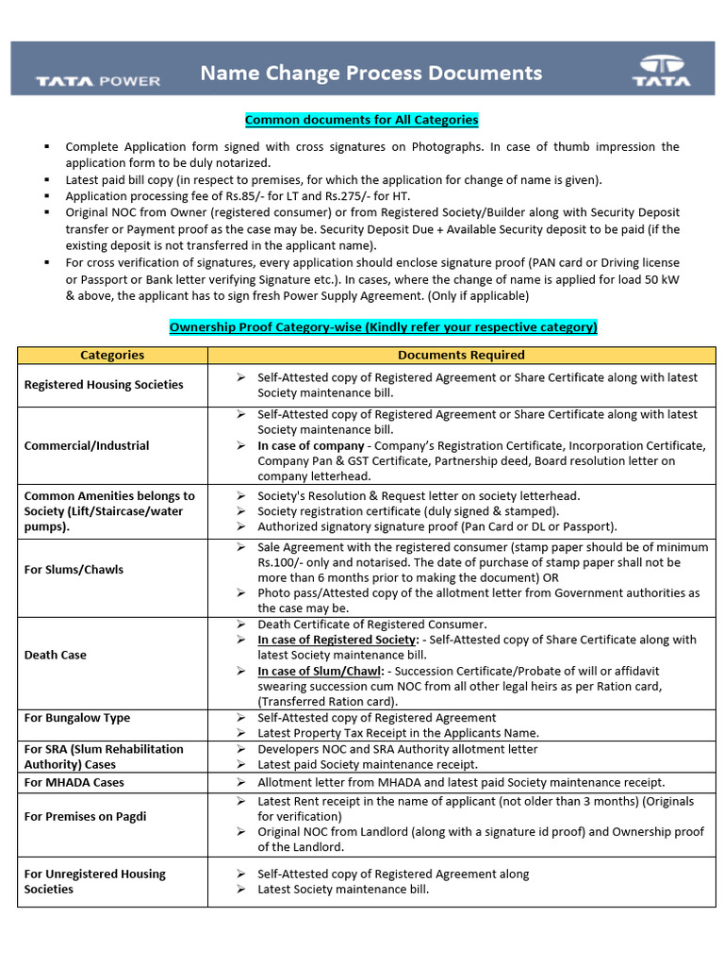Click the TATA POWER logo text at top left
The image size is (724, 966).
[x=98, y=81]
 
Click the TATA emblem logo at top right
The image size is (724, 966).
[x=661, y=71]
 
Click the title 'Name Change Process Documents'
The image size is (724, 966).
[x=370, y=73]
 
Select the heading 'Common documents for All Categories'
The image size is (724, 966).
[x=362, y=120]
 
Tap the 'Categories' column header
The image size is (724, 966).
[x=112, y=355]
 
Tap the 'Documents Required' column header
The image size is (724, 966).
[x=461, y=355]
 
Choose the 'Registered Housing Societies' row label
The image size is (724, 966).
[x=104, y=385]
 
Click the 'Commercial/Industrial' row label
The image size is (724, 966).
[x=87, y=445]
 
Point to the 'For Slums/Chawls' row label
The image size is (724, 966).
[x=74, y=569]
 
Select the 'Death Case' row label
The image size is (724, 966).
[x=55, y=655]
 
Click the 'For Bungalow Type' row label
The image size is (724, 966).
[x=77, y=718]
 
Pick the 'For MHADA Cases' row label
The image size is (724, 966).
[x=74, y=782]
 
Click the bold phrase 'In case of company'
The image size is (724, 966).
[x=311, y=445]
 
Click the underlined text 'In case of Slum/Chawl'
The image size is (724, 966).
[x=316, y=671]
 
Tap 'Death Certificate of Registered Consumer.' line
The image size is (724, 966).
[x=372, y=625]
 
